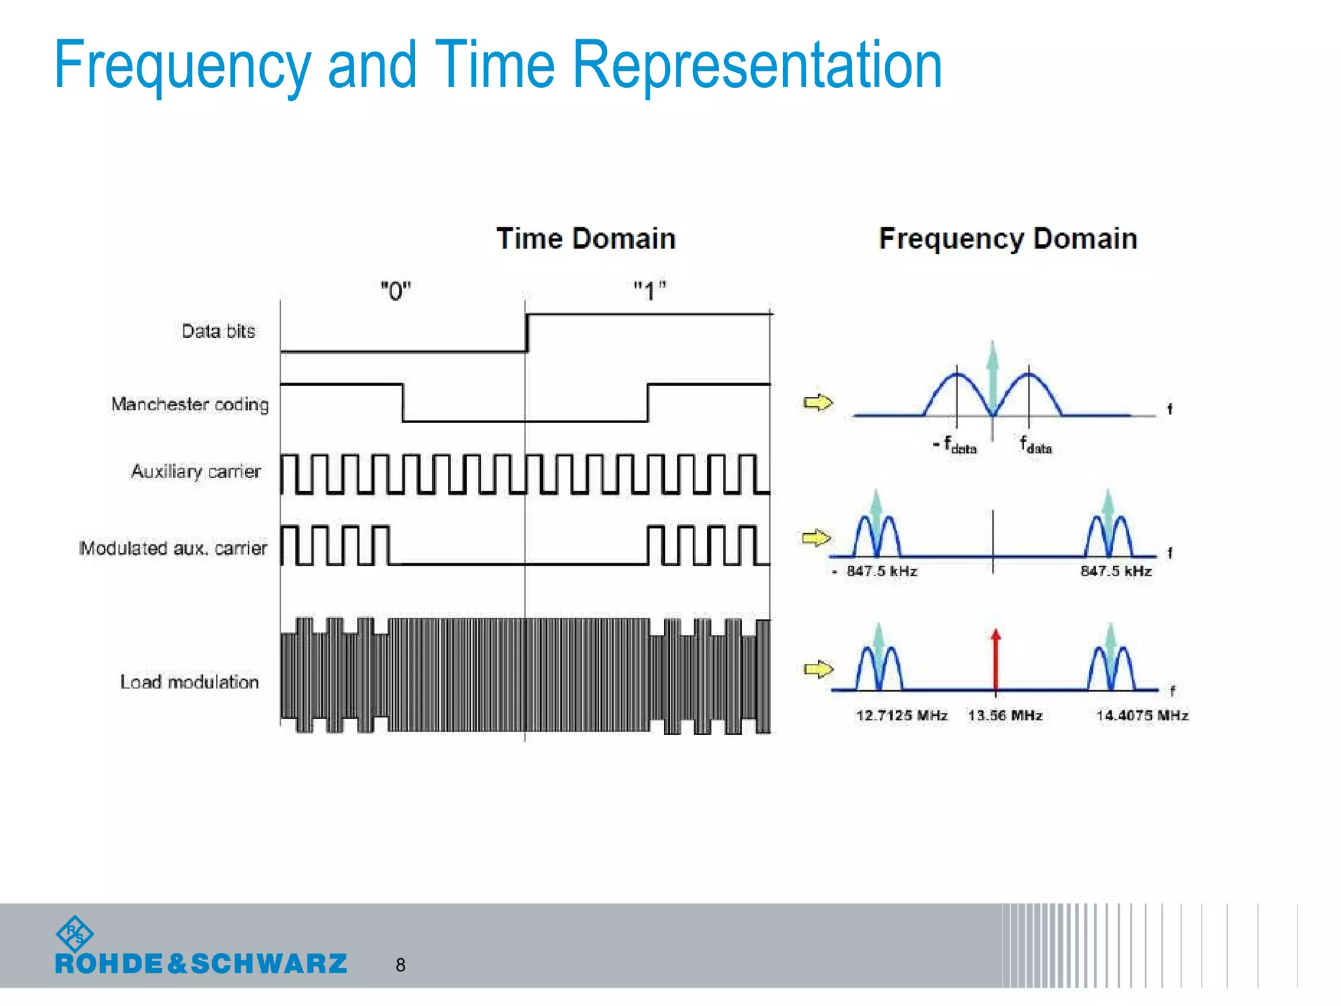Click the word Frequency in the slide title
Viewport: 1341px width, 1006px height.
(x=182, y=65)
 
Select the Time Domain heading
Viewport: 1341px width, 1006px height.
(x=585, y=238)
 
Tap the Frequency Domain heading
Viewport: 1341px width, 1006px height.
(x=1008, y=238)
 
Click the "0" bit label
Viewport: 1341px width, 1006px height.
(x=395, y=291)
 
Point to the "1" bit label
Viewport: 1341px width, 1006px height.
(x=650, y=290)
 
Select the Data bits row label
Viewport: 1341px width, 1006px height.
(x=219, y=331)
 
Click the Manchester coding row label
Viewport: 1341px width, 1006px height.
(x=190, y=404)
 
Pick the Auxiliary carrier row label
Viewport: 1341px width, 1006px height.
(x=196, y=472)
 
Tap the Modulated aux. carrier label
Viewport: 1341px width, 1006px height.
(x=174, y=548)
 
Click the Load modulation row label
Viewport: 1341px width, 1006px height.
(x=189, y=682)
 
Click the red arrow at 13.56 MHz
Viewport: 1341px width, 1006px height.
(x=996, y=661)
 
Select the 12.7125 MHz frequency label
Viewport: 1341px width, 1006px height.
(x=902, y=715)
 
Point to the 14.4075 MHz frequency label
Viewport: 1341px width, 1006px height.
(x=1142, y=715)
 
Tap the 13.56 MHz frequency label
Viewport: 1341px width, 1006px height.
(x=1005, y=715)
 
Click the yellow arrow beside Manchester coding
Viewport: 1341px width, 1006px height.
(x=818, y=402)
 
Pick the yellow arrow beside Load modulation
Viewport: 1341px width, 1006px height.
(x=818, y=669)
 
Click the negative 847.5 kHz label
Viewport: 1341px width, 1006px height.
(x=876, y=571)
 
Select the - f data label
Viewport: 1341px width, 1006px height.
(x=955, y=445)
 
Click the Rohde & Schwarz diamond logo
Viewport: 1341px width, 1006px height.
(x=75, y=934)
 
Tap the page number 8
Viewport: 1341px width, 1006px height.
(x=401, y=965)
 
